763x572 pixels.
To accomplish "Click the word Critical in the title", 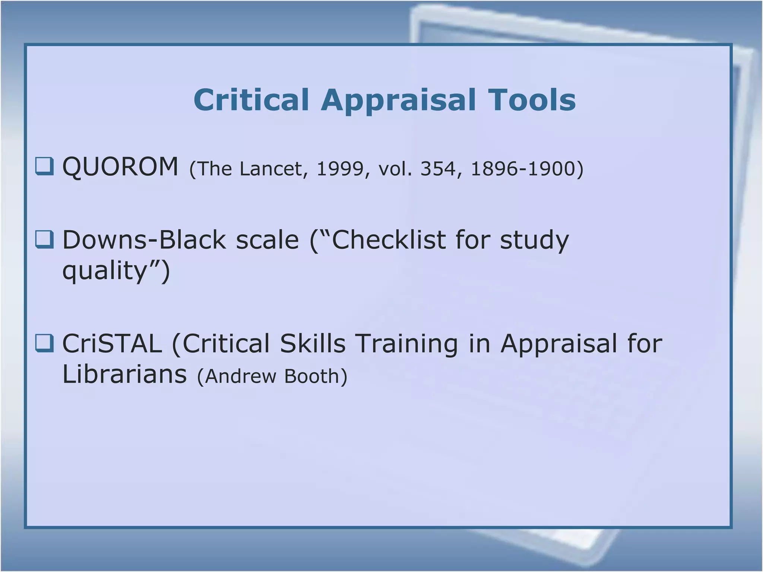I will pyautogui.click(x=251, y=100).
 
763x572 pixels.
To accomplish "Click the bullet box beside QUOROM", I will pyautogui.click(x=44, y=166).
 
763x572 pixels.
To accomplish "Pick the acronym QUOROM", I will pyautogui.click(x=120, y=166).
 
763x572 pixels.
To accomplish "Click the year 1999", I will pyautogui.click(x=340, y=169).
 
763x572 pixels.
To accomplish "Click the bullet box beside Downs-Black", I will pyautogui.click(x=44, y=239).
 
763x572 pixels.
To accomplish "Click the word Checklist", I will pyautogui.click(x=388, y=239).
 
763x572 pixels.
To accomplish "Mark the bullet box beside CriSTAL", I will pyautogui.click(x=44, y=343).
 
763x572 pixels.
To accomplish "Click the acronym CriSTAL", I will pyautogui.click(x=112, y=343).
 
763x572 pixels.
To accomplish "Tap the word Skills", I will pyautogui.click(x=313, y=343).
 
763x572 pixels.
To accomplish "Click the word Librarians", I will pyautogui.click(x=124, y=374).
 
